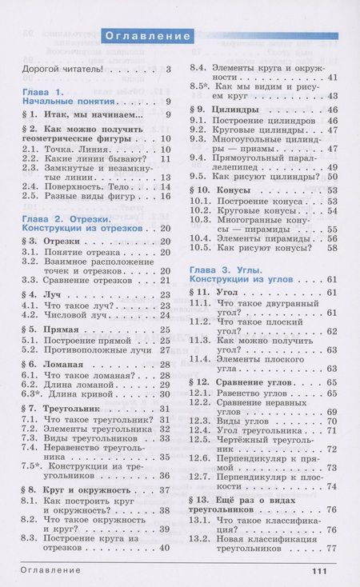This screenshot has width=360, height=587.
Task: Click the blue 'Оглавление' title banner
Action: click(x=149, y=36)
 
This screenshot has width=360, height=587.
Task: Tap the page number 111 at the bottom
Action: click(x=318, y=571)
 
